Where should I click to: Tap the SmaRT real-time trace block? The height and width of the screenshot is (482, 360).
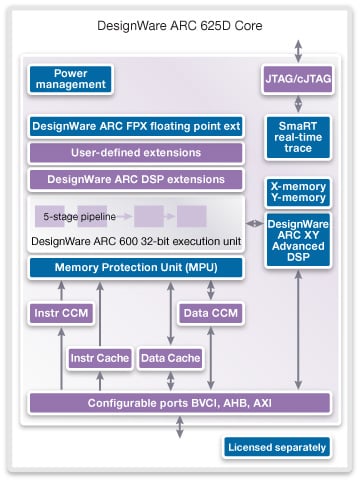298,135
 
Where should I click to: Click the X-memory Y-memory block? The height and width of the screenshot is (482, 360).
298,192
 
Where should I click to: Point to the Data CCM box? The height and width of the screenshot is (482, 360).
209,314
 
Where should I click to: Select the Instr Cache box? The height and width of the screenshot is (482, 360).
100,357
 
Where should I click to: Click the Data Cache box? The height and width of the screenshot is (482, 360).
169,357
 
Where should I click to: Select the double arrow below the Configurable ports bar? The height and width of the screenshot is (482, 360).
180,427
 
